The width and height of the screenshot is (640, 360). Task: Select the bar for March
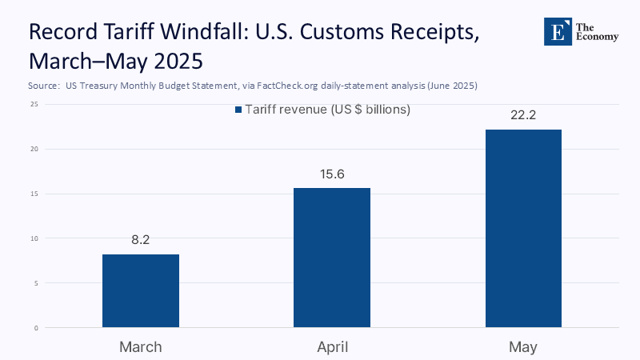click(x=141, y=290)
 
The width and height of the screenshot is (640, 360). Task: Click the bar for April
click(x=332, y=258)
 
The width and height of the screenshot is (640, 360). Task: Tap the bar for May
click(x=523, y=228)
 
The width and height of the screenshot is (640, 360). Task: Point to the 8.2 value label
click(x=141, y=238)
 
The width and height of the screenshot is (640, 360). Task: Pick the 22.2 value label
click(x=523, y=115)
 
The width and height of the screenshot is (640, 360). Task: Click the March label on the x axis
click(x=141, y=346)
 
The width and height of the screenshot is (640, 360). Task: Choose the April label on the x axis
click(x=332, y=346)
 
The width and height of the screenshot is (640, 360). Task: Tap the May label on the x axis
click(x=523, y=346)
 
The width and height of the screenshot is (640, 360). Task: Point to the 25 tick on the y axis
click(x=34, y=104)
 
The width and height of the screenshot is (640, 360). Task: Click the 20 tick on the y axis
click(x=34, y=149)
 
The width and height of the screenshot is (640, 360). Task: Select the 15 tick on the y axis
click(x=34, y=194)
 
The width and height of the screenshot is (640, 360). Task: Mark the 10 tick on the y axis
click(x=34, y=238)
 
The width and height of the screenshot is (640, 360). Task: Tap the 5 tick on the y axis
click(x=36, y=283)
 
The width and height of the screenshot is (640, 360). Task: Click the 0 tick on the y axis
click(x=36, y=328)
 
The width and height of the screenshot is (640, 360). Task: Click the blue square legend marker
click(x=238, y=110)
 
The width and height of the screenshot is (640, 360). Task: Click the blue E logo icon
click(x=556, y=30)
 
